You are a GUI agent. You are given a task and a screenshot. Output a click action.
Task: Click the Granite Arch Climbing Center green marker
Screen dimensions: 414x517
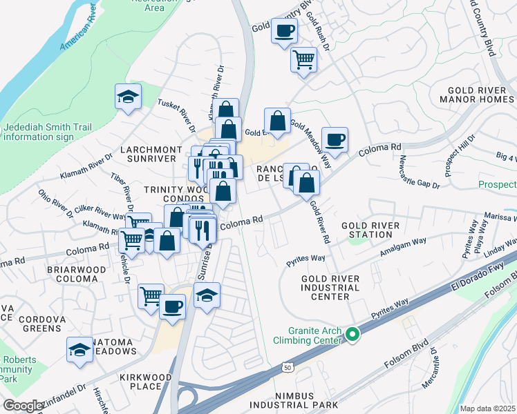click(352, 335)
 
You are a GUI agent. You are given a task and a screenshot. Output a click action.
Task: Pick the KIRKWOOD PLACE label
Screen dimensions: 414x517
click(141, 382)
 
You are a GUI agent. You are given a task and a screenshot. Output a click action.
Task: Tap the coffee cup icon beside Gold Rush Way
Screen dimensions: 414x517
click(284, 31)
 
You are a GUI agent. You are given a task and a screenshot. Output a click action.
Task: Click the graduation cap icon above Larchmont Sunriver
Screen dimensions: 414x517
click(128, 97)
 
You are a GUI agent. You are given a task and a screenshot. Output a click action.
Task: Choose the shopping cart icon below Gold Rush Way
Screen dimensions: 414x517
click(303, 59)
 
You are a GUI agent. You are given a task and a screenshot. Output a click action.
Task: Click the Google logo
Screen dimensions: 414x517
click(23, 406)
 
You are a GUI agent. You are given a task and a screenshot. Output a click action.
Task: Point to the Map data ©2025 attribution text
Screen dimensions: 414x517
click(487, 408)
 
